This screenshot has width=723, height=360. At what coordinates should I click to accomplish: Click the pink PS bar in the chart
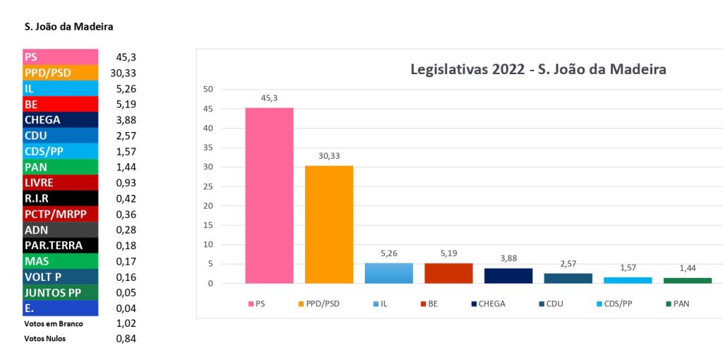(x=269, y=196)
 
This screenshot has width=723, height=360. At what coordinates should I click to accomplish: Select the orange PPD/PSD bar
(x=329, y=224)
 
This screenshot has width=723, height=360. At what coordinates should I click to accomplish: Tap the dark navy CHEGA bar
(x=508, y=276)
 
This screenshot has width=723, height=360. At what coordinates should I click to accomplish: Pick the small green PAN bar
(x=687, y=280)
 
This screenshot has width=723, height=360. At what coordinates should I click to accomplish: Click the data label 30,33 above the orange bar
(x=329, y=155)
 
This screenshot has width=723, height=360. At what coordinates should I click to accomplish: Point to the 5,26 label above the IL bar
(x=388, y=253)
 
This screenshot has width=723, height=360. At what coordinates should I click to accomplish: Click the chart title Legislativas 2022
(x=539, y=69)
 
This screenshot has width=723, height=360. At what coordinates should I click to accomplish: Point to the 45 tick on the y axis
(x=207, y=109)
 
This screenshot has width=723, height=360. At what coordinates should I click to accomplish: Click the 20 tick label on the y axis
(x=207, y=206)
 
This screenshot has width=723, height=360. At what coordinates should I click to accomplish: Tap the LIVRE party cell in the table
(x=60, y=182)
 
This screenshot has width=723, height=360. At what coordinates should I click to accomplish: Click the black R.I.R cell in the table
(x=60, y=198)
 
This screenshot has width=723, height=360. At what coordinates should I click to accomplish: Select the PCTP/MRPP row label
(x=60, y=214)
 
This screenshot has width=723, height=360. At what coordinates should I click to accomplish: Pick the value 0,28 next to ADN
(x=126, y=229)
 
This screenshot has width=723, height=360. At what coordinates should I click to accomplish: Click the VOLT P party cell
(x=60, y=277)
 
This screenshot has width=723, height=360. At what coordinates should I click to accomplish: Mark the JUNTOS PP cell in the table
(x=60, y=292)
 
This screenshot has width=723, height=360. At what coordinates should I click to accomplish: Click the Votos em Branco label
(x=54, y=324)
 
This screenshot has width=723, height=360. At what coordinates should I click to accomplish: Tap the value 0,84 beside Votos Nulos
(x=126, y=339)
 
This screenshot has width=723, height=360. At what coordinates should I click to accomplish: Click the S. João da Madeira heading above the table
(x=68, y=27)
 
